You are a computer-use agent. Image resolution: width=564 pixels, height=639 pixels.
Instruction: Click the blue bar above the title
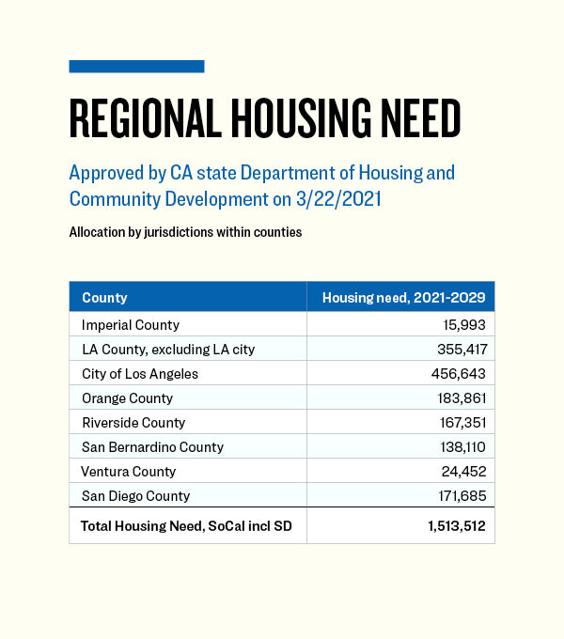(136, 66)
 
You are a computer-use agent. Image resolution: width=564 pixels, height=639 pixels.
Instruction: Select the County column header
(104, 298)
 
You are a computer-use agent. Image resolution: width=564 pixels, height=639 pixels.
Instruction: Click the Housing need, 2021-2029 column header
(403, 298)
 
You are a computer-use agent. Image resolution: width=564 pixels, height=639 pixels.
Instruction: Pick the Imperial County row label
(131, 325)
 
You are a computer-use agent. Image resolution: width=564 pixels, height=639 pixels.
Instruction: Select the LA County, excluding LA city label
(168, 350)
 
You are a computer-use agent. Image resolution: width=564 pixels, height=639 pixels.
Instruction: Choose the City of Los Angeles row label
(140, 374)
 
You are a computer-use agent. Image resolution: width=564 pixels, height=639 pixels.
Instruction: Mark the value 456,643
(459, 374)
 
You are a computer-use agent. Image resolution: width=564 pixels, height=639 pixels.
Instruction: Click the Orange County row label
(127, 398)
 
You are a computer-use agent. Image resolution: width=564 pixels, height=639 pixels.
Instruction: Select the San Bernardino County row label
(152, 447)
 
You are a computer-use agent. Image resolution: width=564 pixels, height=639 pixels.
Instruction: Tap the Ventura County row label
(128, 472)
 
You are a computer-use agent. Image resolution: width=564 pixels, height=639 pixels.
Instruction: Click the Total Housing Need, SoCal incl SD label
(186, 526)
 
